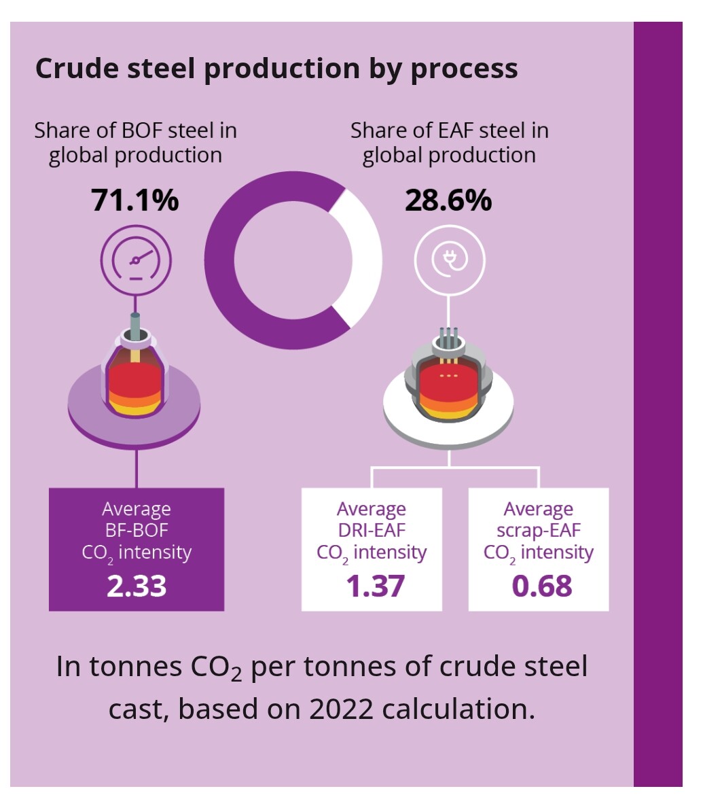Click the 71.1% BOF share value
(x=135, y=200)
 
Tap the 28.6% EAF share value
(x=448, y=200)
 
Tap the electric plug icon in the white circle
(x=449, y=260)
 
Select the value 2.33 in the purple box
(x=137, y=586)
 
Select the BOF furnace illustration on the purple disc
(x=136, y=381)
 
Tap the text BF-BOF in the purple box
(x=136, y=530)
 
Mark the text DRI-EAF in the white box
(x=372, y=530)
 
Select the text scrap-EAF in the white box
(x=539, y=530)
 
